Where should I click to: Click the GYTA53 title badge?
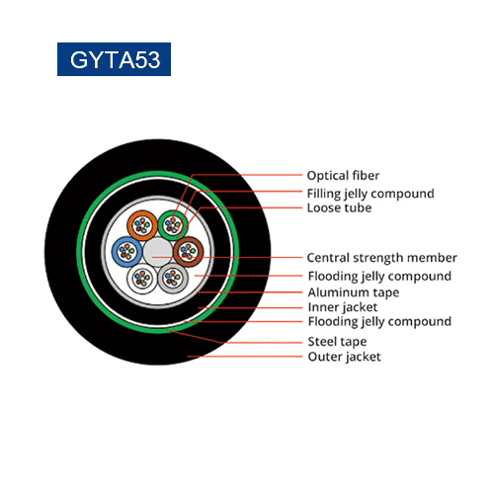[114, 59]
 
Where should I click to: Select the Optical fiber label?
[343, 176]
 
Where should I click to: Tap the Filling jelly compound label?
[370, 194]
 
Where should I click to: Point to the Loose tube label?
[339, 208]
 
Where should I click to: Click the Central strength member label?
[382, 258]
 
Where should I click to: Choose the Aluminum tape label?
[354, 292]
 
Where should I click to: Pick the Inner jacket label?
[343, 307]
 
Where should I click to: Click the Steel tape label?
[337, 342]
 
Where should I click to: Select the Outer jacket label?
[344, 357]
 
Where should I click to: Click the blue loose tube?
[127, 252]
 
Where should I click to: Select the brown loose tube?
[188, 252]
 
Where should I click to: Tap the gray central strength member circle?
[158, 252]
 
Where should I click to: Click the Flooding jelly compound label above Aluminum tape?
[379, 277]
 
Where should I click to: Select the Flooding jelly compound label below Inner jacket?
[379, 322]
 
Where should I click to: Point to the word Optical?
[326, 176]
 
